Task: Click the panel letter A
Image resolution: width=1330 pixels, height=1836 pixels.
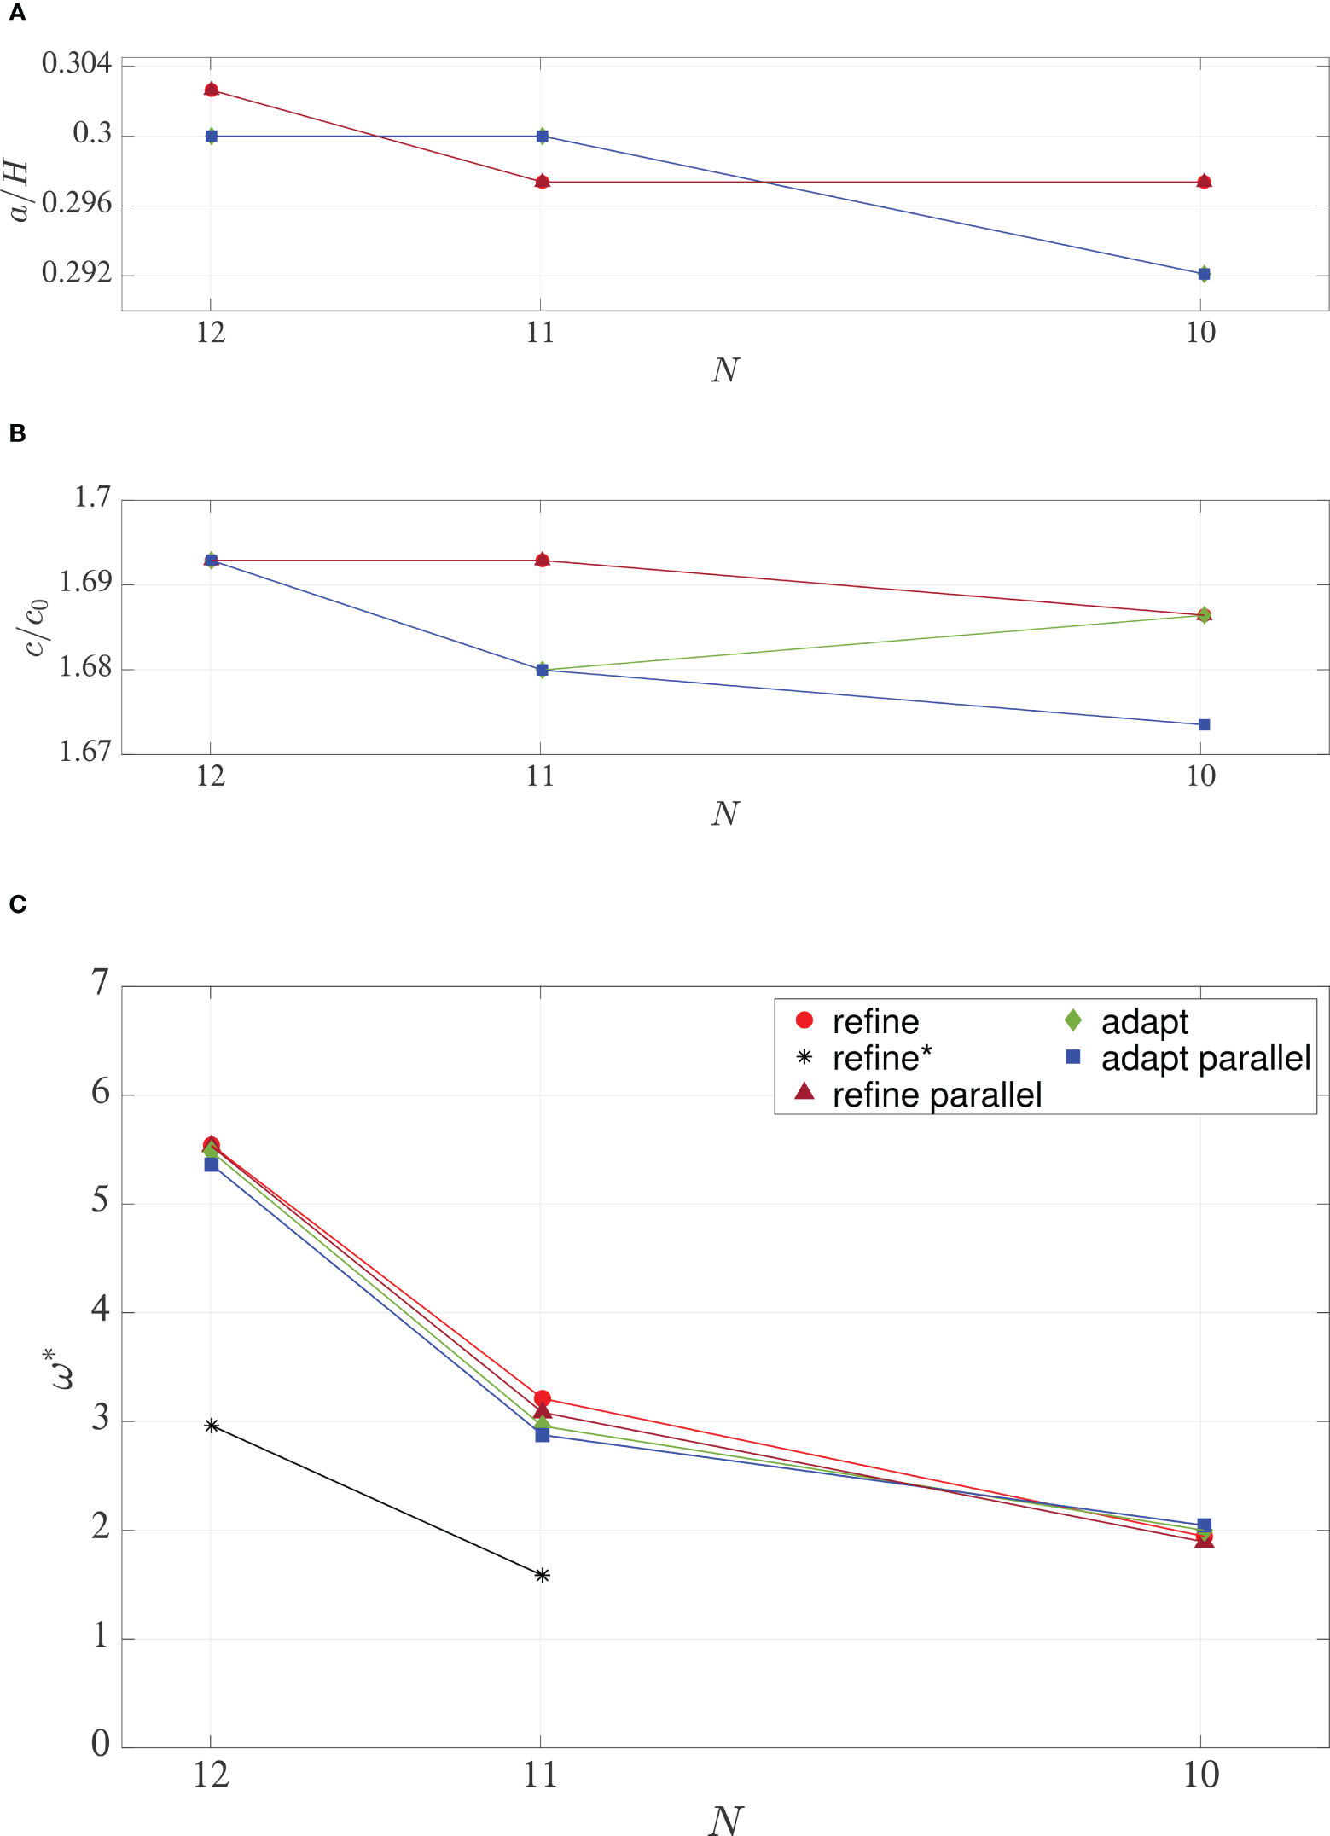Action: pos(17,15)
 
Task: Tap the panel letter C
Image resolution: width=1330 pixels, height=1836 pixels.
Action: pos(17,904)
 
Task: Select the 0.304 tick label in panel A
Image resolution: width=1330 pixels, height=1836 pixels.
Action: pos(76,63)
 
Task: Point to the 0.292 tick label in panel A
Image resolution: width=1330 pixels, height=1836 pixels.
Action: pos(76,273)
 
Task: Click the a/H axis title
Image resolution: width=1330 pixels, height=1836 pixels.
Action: pos(19,192)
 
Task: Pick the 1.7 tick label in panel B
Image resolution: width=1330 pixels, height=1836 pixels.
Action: pos(92,497)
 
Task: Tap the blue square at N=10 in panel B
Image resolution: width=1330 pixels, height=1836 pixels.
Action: pos(1204,725)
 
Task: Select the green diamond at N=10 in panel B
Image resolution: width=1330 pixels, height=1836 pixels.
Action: pos(1204,615)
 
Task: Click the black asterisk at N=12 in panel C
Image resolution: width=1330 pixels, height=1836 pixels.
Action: pos(212,1426)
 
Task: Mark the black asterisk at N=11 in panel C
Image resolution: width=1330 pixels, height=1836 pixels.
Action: pos(542,1576)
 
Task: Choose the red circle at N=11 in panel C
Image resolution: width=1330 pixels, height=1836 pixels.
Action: pos(542,1398)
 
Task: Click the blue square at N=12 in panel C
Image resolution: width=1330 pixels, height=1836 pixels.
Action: pos(212,1165)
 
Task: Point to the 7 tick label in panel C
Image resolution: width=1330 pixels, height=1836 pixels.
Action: pos(101,983)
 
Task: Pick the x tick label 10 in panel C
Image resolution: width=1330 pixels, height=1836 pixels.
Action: pos(1200,1775)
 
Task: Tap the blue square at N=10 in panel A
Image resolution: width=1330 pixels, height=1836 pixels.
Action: pos(1204,274)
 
